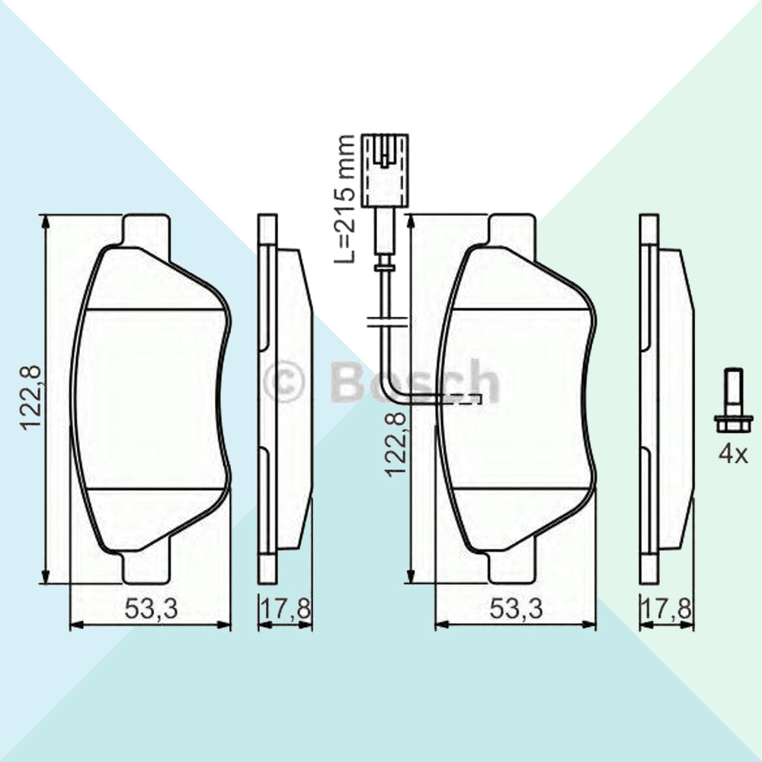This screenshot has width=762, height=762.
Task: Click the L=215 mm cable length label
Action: point(344,199)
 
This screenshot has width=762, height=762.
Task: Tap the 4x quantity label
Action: point(733,454)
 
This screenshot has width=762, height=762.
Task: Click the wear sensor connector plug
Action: point(384,171)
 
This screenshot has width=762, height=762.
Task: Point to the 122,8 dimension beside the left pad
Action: point(30,398)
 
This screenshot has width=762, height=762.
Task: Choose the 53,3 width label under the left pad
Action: point(151,608)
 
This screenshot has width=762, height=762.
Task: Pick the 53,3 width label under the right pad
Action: point(516,608)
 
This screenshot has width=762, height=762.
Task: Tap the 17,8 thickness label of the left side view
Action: point(285,608)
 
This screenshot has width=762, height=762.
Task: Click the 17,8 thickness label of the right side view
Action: point(666,608)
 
